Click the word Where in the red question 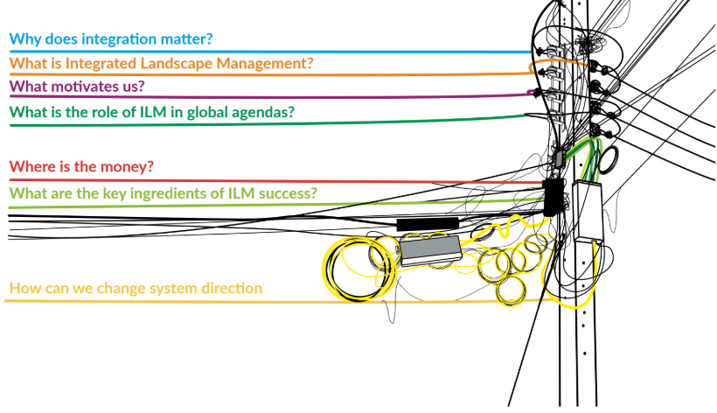tap(31, 167)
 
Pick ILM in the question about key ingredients tap(237, 192)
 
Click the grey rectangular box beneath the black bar tap(429, 248)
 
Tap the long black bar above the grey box tap(428, 225)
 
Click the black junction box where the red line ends tap(553, 196)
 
